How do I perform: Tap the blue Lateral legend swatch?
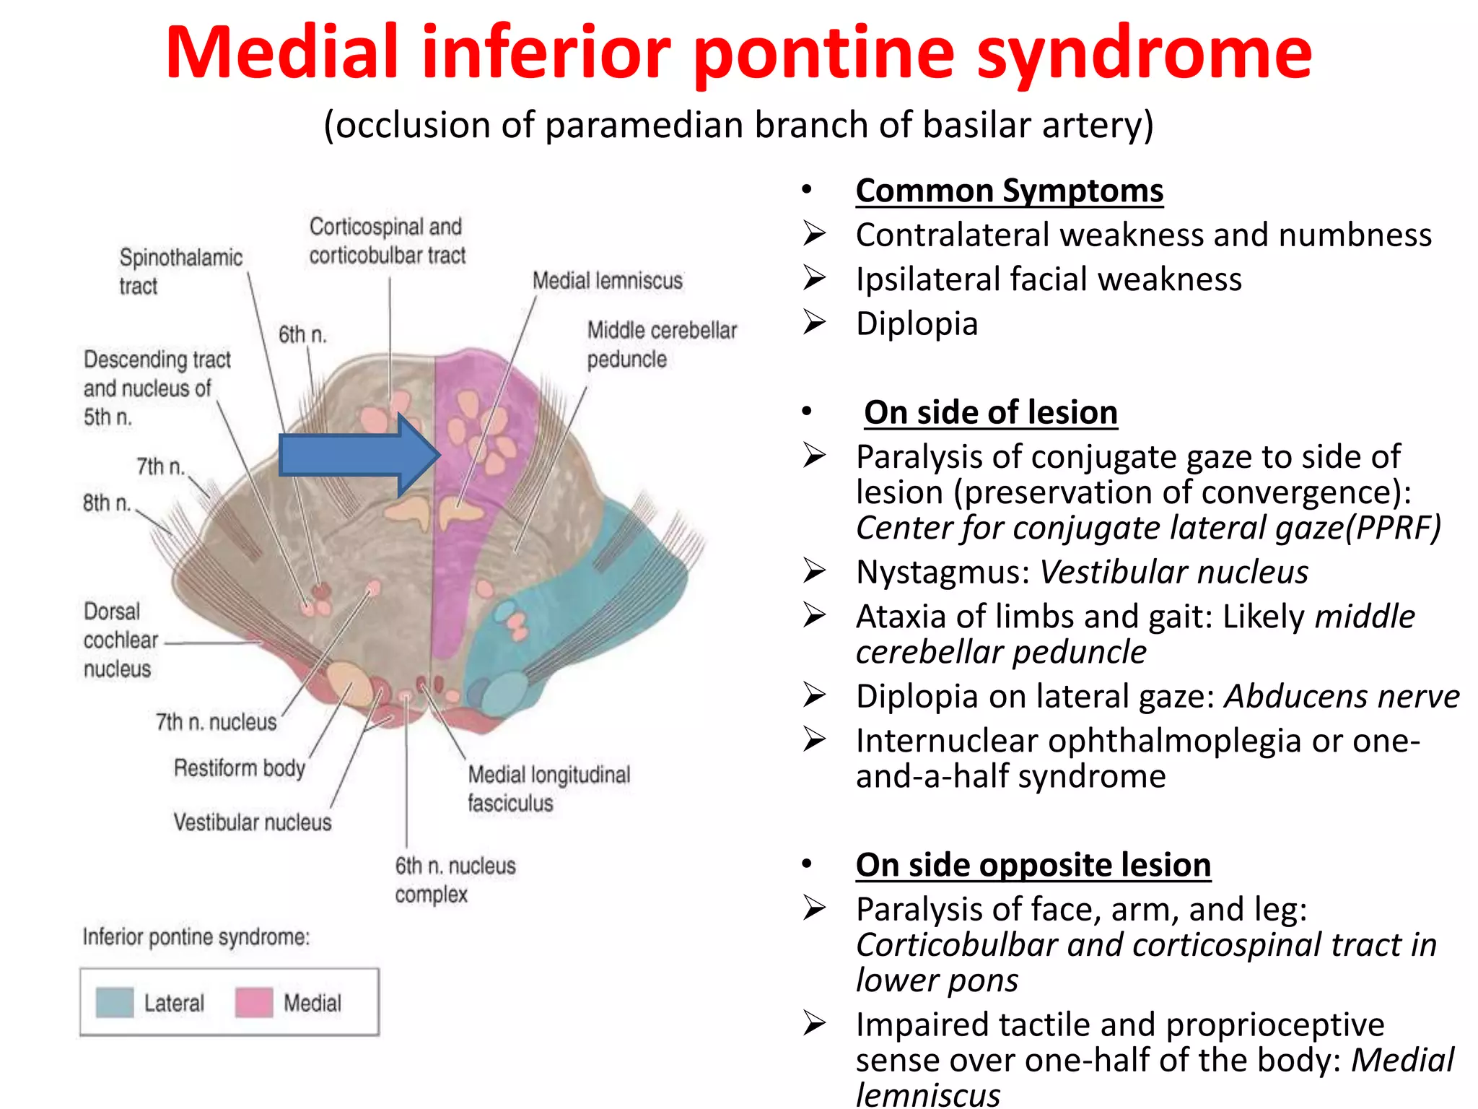pyautogui.click(x=115, y=1003)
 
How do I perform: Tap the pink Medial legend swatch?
pyautogui.click(x=254, y=1003)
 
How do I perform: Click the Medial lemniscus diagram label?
pyautogui.click(x=607, y=281)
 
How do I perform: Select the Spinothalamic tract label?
pyautogui.click(x=180, y=271)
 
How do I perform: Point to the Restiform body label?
pyautogui.click(x=240, y=767)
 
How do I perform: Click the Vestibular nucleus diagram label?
pyautogui.click(x=253, y=822)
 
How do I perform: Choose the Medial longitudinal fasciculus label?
pyautogui.click(x=548, y=788)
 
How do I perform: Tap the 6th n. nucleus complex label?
pyautogui.click(x=455, y=879)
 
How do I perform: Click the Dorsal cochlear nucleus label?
pyautogui.click(x=120, y=640)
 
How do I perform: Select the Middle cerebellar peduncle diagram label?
pyautogui.click(x=661, y=344)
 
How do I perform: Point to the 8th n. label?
pyautogui.click(x=107, y=503)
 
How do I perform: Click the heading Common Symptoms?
pyautogui.click(x=1009, y=191)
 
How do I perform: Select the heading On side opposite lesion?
pyautogui.click(x=1033, y=865)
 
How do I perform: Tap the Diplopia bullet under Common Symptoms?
pyautogui.click(x=917, y=323)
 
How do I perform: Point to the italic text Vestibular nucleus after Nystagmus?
pyautogui.click(x=1173, y=573)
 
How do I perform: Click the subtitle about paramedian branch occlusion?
pyautogui.click(x=738, y=125)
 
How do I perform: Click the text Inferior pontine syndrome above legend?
pyautogui.click(x=196, y=937)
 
